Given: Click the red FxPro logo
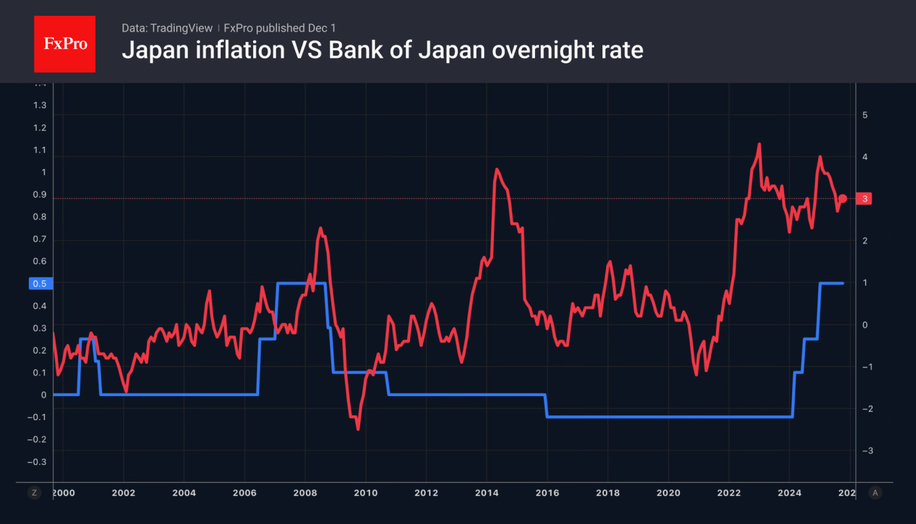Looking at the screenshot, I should pos(65,44).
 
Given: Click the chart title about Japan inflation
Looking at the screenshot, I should pos(382,50).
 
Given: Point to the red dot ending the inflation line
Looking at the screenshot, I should pos(842,199).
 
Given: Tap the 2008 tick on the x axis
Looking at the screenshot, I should pos(305,493).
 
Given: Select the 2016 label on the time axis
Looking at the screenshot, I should pos(547,493).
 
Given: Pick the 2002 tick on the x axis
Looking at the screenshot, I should pos(123,493).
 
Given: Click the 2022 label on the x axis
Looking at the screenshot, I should pos(728,493).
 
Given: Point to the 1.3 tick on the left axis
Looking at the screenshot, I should pos(40,105).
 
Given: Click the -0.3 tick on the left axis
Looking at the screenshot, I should pos(38,462).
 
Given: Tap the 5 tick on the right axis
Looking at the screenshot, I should pos(865,115).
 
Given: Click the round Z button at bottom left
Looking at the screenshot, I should pos(34,492).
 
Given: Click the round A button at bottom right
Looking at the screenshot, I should pos(875,492).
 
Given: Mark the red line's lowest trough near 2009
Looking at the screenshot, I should pos(358,429).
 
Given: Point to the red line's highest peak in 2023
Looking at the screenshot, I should pos(759,144).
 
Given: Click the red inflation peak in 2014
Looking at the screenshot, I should pos(496,169).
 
